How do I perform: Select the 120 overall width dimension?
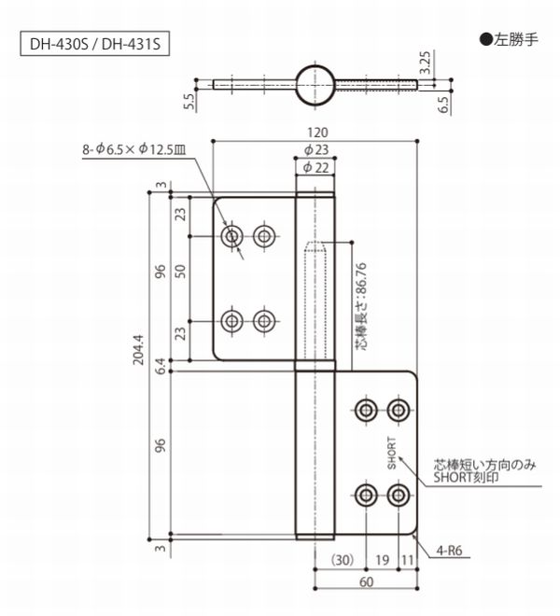(315, 133)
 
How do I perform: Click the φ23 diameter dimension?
(315, 149)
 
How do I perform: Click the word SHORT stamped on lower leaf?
(393, 455)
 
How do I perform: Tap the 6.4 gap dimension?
(161, 364)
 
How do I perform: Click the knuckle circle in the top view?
(315, 83)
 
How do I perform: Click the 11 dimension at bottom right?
(406, 561)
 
